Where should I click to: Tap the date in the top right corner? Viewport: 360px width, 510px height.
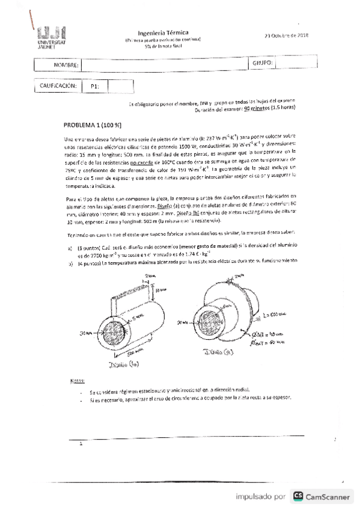point(286,35)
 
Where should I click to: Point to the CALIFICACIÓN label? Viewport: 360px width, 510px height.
point(58,86)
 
